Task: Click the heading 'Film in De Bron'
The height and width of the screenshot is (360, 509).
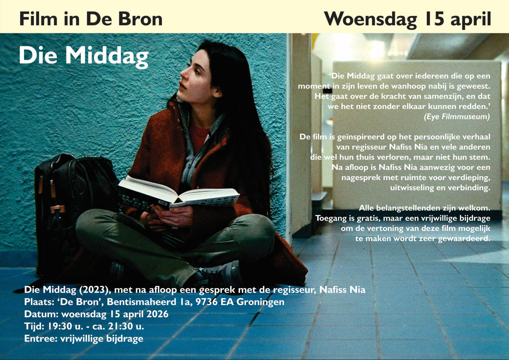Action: click(91, 19)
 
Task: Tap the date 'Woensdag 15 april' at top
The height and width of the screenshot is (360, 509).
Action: click(407, 19)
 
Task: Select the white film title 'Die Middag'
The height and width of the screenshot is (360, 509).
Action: click(83, 56)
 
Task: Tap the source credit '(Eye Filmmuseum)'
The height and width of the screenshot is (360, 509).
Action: click(457, 117)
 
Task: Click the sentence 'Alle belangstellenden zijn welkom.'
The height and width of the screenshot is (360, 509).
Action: click(424, 208)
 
